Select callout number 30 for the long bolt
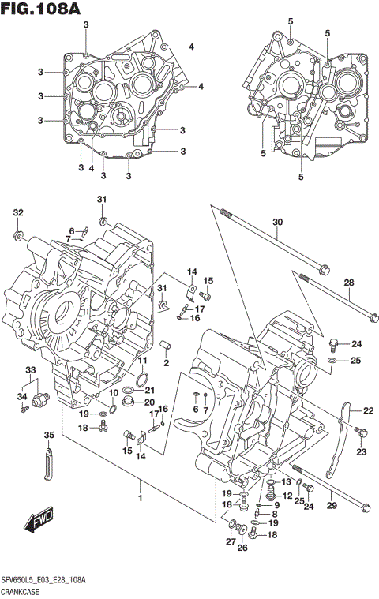277,223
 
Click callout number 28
348,283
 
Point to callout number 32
17,212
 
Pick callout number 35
48,435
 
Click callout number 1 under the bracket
141,497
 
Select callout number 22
367,410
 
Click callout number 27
231,541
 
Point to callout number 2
167,363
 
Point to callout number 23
361,451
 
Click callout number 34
23,396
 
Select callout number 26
242,548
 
